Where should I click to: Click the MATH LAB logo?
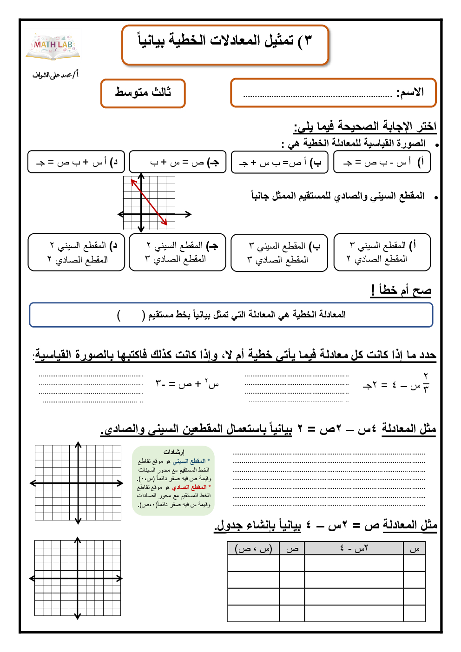[53, 46]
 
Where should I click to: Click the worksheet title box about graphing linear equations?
[225, 45]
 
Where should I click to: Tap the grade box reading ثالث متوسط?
[143, 93]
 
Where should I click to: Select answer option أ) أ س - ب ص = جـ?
[382, 162]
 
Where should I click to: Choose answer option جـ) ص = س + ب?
[178, 162]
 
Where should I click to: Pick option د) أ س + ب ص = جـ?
[76, 162]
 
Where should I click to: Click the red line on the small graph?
[149, 202]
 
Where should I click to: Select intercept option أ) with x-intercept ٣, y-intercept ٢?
[382, 252]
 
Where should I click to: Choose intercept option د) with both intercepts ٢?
[76, 252]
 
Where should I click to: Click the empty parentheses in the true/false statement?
[132, 316]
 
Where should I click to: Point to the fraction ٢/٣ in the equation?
[426, 382]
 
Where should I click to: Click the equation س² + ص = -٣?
[187, 384]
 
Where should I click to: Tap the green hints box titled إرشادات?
[173, 481]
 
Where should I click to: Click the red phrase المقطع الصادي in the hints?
[190, 487]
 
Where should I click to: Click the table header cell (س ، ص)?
[253, 549]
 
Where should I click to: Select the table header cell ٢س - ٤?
[354, 549]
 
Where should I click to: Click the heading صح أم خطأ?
[401, 290]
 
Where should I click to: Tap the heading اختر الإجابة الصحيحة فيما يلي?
[365, 126]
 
